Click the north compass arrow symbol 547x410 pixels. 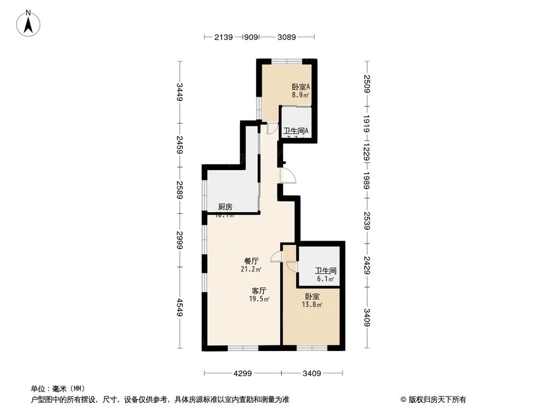click(x=31, y=24)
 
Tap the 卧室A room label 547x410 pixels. click(x=300, y=86)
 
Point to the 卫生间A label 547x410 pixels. click(x=296, y=131)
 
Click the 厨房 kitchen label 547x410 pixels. click(x=225, y=207)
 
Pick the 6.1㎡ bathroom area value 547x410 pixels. click(x=325, y=279)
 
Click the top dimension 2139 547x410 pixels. click(x=223, y=37)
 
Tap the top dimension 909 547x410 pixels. click(x=251, y=37)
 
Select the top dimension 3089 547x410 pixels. click(x=287, y=37)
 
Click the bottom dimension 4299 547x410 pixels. click(x=242, y=374)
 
